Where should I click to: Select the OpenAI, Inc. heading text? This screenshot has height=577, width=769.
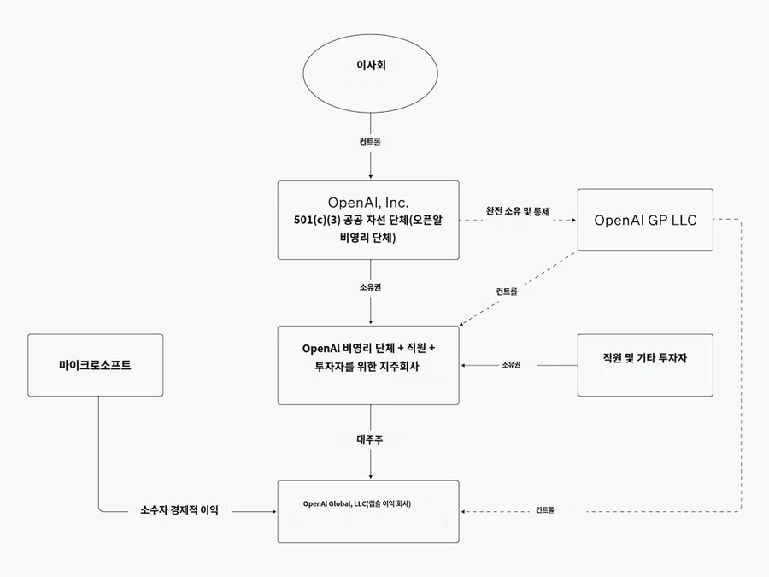368,203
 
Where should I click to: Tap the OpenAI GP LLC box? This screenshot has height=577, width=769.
645,220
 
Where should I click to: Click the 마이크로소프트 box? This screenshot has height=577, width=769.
95,365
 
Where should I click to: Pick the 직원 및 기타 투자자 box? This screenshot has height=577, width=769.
645,365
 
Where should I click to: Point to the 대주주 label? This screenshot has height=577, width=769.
369,439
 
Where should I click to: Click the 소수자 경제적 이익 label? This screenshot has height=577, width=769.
179,510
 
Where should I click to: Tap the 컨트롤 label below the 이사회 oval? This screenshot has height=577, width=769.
369,143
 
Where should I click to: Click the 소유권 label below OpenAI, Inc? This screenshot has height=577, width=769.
369,287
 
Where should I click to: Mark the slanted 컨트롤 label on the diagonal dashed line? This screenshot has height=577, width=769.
507,291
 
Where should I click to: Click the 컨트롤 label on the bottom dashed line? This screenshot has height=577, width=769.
544,510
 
